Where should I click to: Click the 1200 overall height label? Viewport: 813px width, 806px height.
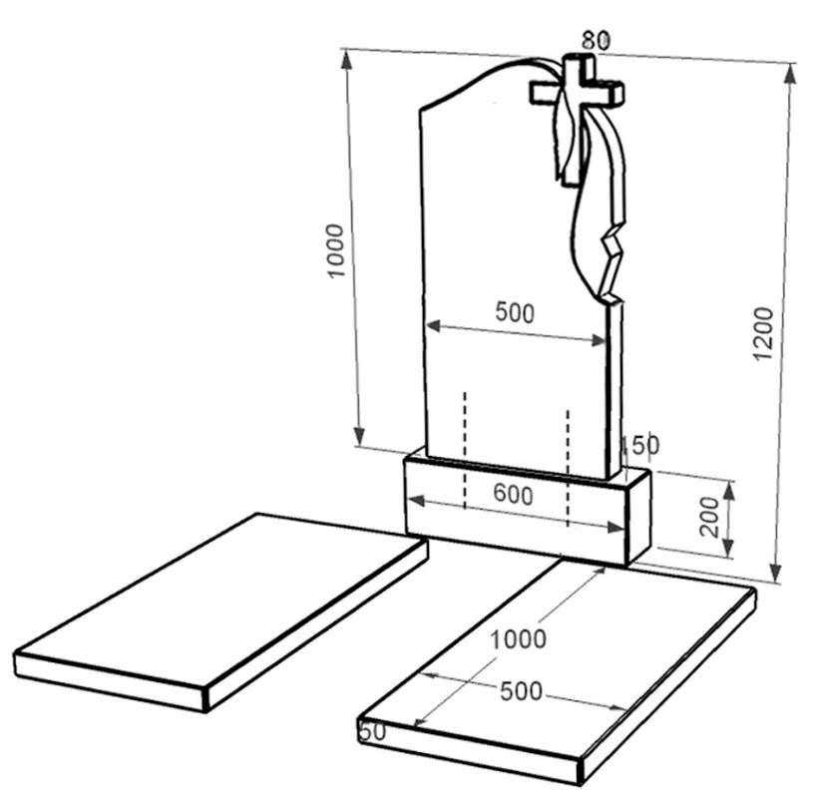click(763, 333)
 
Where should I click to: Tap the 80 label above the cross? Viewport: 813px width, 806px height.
click(596, 41)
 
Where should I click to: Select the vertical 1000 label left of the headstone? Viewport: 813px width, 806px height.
click(335, 250)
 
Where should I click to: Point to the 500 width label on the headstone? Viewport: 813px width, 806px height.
click(515, 312)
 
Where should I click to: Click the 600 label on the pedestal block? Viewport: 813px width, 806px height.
click(513, 494)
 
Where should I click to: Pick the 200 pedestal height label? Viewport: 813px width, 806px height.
click(709, 517)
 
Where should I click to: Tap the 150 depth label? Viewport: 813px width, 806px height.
click(640, 445)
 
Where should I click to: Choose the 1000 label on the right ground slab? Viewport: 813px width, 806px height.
click(518, 639)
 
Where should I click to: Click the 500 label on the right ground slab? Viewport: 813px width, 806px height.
click(521, 691)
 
